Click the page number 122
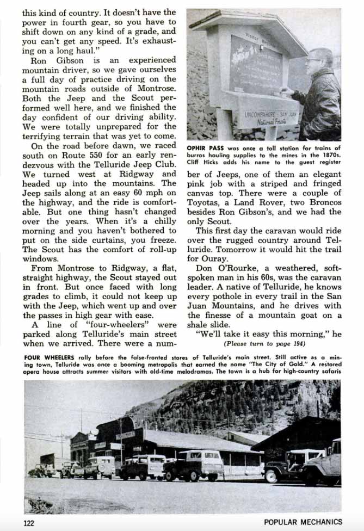coord(29,522)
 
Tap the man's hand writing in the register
coord(287,92)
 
